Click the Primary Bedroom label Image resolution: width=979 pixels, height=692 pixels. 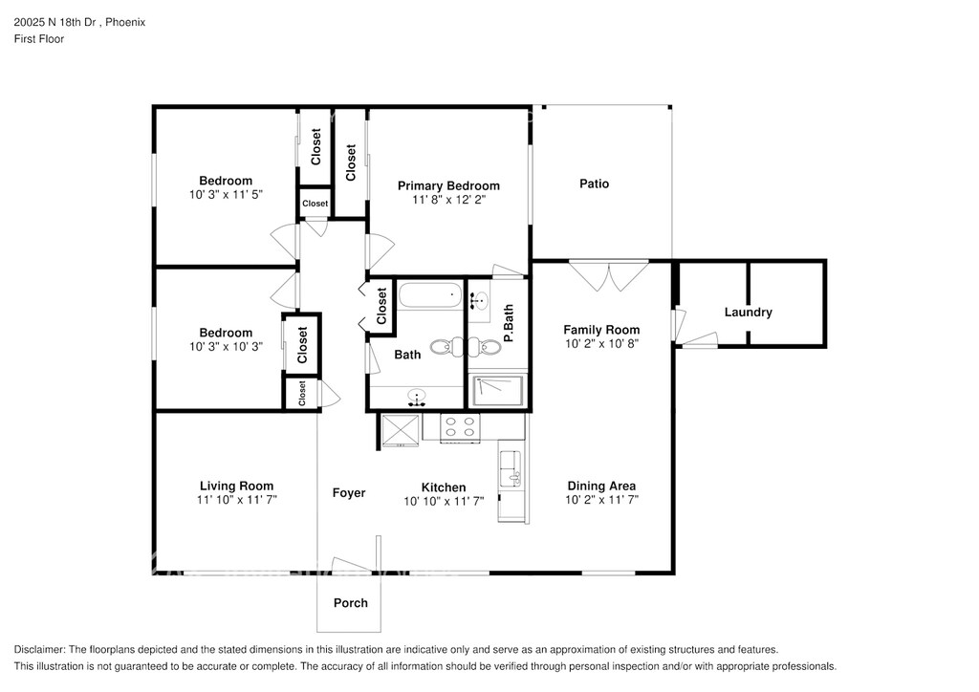[448, 186]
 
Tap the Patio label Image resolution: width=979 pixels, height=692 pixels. [594, 184]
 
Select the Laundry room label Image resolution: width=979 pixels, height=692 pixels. [748, 312]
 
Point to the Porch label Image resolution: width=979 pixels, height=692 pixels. [350, 603]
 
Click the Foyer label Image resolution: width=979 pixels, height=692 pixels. [348, 493]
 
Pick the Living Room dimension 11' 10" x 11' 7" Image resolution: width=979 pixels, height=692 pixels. [237, 500]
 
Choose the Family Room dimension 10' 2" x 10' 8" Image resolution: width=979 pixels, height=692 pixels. [601, 344]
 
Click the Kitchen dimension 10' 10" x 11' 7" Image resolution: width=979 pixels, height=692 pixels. [444, 501]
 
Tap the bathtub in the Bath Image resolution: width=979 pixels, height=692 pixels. [430, 295]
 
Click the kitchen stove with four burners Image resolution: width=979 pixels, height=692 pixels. [460, 428]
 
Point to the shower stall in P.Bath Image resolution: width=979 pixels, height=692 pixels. [497, 391]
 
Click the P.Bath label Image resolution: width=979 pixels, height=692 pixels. [509, 323]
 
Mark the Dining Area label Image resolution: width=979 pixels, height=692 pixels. [601, 486]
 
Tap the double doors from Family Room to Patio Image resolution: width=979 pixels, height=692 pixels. [609, 276]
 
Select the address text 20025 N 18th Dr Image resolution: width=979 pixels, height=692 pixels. [56, 23]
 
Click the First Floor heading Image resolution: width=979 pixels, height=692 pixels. [38, 38]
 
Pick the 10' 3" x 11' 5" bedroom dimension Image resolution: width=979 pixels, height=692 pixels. [226, 195]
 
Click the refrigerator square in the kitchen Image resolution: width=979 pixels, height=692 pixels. [401, 430]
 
